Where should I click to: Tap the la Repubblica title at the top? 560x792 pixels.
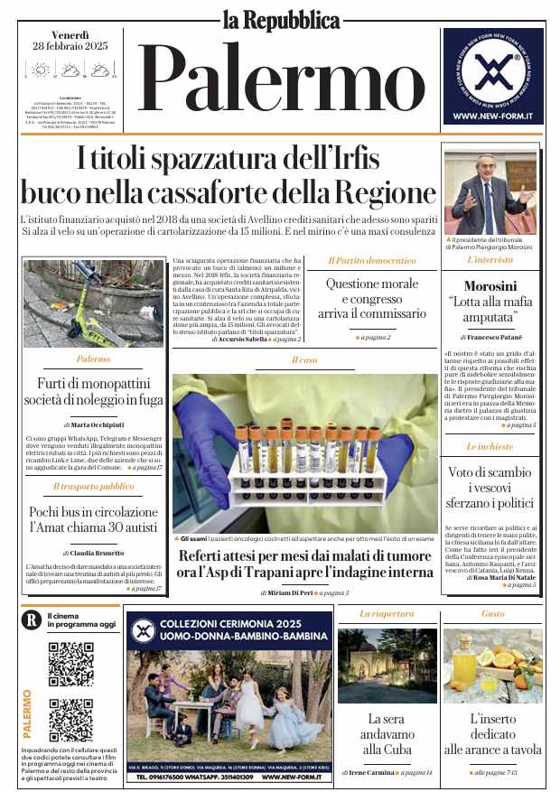(281, 18)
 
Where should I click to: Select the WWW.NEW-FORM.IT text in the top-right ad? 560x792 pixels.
(493, 116)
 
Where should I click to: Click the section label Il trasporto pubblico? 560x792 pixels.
(93, 486)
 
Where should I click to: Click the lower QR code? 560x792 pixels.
(71, 720)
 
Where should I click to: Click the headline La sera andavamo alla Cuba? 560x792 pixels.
(387, 734)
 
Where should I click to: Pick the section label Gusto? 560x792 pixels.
(492, 614)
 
